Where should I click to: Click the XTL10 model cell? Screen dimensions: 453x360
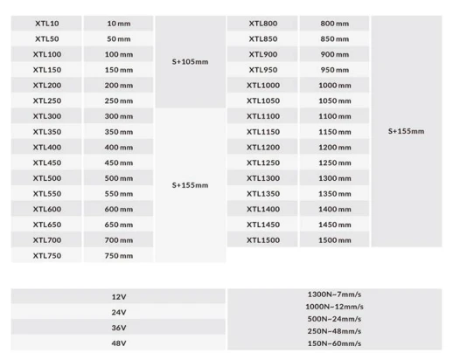coord(47,24)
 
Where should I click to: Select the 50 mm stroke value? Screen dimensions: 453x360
coord(119,39)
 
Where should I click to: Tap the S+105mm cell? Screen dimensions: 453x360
coord(190,62)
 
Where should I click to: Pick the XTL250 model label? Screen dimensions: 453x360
coord(47,101)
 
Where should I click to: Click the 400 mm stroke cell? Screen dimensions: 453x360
coord(119,148)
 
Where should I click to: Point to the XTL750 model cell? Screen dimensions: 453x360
coord(47,256)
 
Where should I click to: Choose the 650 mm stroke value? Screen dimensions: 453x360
coord(119,225)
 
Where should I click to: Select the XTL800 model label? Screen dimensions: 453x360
coord(263,24)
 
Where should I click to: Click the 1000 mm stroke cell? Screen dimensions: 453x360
coord(333,86)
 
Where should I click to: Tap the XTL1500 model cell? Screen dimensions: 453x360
coord(263,240)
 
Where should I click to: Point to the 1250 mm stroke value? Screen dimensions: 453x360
coord(333,163)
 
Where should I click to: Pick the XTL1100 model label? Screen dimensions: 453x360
coord(263,116)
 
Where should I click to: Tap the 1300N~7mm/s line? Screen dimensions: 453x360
coord(333,294)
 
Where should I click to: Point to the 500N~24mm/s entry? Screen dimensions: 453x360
coord(333,319)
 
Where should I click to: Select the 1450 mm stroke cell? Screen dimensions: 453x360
coord(333,225)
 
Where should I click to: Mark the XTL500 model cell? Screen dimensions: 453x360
coord(47,178)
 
